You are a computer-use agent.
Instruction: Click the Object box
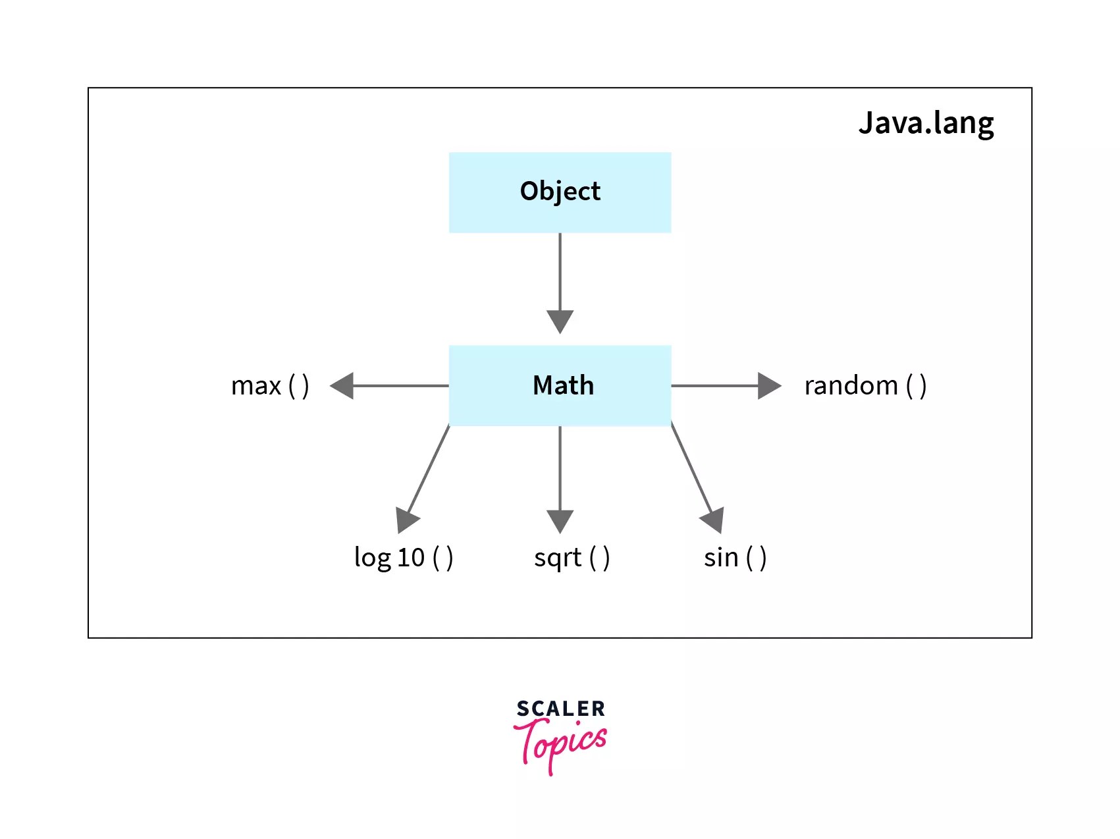pos(560,192)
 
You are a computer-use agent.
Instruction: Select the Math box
pos(560,385)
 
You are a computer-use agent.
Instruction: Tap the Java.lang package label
pos(926,124)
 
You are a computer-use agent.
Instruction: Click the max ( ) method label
pos(270,386)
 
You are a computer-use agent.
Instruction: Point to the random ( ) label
pos(865,386)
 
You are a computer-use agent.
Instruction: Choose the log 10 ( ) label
pos(403,558)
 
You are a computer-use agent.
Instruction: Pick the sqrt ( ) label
pos(572,558)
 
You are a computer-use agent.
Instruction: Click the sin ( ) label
pos(735,558)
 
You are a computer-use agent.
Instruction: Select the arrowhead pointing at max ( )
pos(342,386)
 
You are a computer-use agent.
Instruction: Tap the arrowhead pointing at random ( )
pos(768,386)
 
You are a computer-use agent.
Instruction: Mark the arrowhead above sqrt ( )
pos(560,520)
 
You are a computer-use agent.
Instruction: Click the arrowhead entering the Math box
pos(560,321)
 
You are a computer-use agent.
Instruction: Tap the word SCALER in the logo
pos(560,709)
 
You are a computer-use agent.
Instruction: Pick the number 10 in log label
pos(411,558)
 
